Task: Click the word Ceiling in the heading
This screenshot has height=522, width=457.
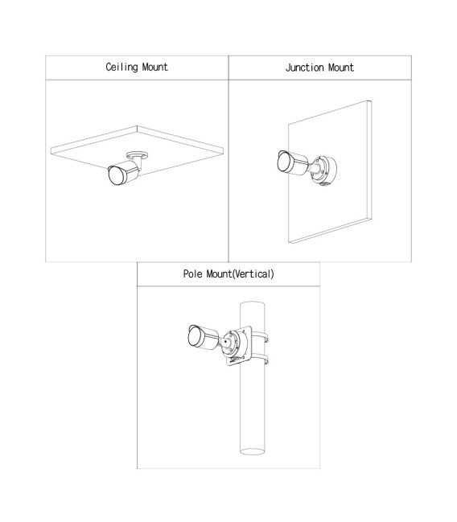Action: (122, 68)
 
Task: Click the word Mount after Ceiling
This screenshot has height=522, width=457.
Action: (155, 67)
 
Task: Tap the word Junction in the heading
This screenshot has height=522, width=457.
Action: (305, 68)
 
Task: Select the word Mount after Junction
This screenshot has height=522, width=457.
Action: (341, 68)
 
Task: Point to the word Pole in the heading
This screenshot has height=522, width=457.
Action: (192, 274)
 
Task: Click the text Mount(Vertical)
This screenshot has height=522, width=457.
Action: (240, 274)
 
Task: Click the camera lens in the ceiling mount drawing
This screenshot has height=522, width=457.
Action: (114, 175)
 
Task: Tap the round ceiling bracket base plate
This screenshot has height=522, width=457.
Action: (137, 155)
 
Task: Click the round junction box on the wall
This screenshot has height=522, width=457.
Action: (323, 169)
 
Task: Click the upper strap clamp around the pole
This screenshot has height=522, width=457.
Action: (260, 335)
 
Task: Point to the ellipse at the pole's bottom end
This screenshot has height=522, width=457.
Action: (253, 451)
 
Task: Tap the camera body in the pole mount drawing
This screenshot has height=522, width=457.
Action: (204, 337)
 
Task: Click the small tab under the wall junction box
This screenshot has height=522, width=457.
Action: (323, 183)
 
